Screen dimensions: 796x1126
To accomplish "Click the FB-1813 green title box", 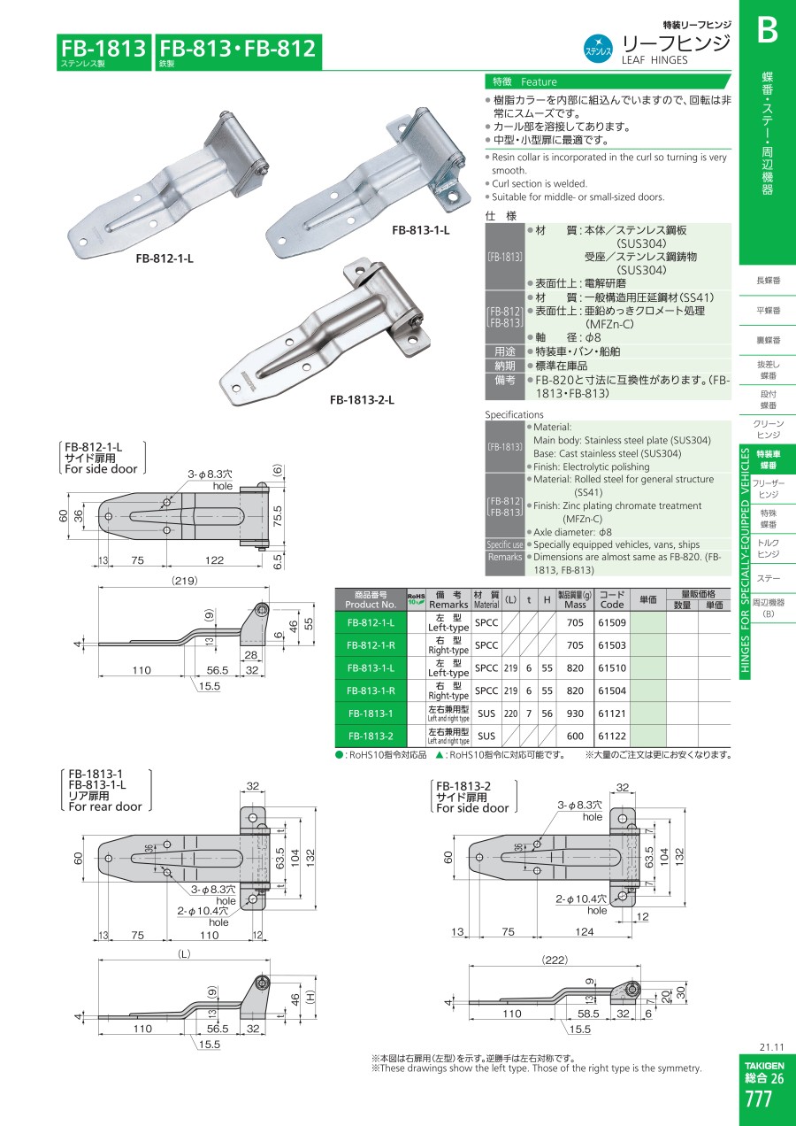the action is (103, 51).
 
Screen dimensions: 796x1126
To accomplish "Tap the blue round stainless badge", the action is (598, 49).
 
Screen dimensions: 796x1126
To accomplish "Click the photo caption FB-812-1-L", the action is (165, 258).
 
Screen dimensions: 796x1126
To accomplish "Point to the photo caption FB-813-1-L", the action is (420, 230).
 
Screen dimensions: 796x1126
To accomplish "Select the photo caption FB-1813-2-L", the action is (362, 400).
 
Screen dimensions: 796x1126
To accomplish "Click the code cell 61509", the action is (612, 622).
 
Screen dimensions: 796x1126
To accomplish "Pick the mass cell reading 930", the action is (575, 713).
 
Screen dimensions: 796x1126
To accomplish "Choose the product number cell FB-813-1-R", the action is (371, 690).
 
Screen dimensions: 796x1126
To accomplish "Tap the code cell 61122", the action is (612, 736).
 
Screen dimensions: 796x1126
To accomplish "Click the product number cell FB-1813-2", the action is (371, 736).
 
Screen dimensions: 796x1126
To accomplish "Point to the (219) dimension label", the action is (184, 581).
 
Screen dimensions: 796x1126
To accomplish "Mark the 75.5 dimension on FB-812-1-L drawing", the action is (278, 517).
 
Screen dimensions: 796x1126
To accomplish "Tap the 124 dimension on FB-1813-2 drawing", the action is (584, 931).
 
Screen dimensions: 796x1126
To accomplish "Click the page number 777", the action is (758, 1099).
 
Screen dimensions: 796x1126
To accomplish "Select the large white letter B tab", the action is (767, 31).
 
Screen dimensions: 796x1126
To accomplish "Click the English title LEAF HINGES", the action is (654, 60).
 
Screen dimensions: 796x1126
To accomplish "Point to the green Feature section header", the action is (608, 81).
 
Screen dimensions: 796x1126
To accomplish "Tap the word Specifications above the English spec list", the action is (514, 414).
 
